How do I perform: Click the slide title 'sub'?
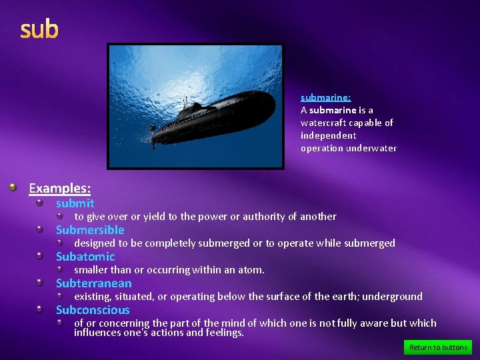pos(39,29)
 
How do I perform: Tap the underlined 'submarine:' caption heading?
pos(325,97)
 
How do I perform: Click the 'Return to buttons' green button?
pos(438,347)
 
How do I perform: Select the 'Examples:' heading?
pos(59,188)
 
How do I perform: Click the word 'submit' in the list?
pos(75,203)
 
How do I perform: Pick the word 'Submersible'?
pos(90,230)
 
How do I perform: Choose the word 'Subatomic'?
pos(85,257)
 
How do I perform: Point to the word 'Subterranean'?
pos(93,283)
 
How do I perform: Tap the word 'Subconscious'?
pos(93,310)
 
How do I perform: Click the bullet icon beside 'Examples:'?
pos(13,188)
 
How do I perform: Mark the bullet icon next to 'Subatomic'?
pos(40,256)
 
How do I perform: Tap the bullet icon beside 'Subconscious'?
pos(40,309)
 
